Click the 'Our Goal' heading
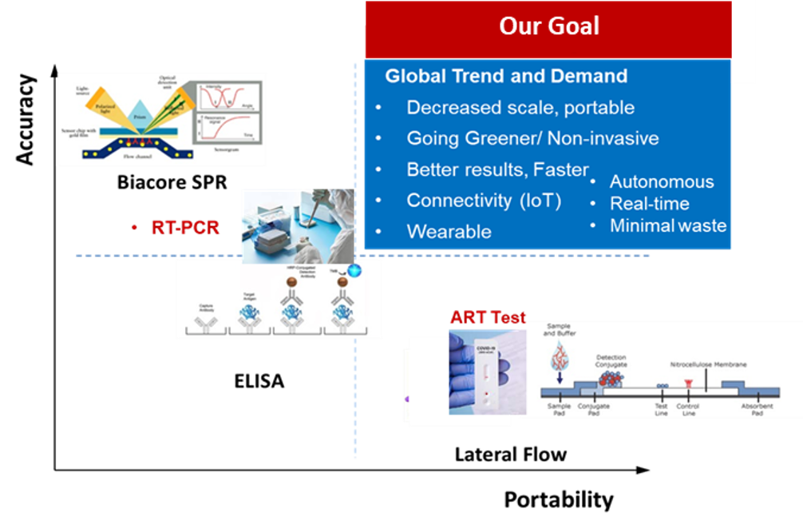click(x=548, y=26)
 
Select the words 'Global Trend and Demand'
click(x=506, y=77)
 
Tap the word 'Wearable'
click(x=449, y=232)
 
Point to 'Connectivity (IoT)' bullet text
click(x=484, y=201)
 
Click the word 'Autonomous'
click(x=662, y=182)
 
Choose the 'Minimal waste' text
click(x=668, y=226)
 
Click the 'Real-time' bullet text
click(x=649, y=204)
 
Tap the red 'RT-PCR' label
click(x=184, y=228)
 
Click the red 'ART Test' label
click(x=488, y=316)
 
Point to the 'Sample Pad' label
click(x=559, y=409)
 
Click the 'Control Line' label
click(x=688, y=409)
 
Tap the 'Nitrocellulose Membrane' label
click(x=708, y=364)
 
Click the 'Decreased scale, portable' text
click(x=520, y=108)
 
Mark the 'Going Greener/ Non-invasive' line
click(x=532, y=138)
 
